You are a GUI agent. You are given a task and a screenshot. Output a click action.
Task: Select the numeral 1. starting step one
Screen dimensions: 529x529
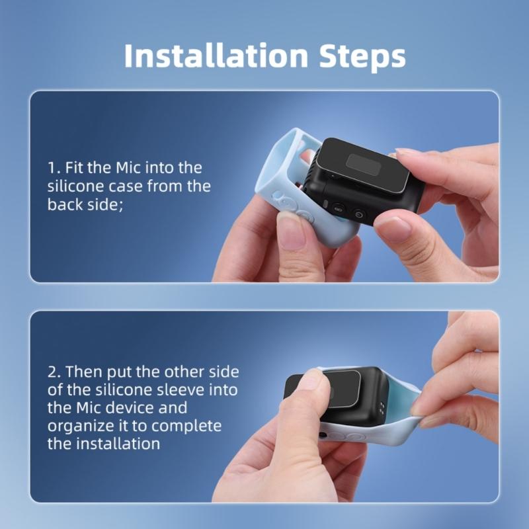pyautogui.click(x=52, y=168)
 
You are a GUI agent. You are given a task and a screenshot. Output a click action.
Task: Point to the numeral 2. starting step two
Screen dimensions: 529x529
pyautogui.click(x=54, y=372)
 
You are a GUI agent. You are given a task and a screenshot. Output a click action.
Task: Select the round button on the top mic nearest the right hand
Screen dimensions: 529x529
pyautogui.click(x=359, y=214)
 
